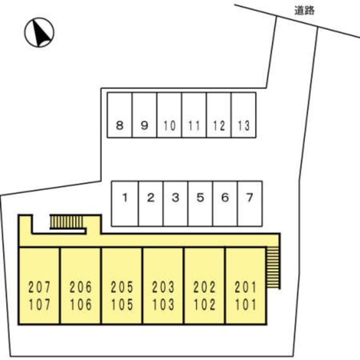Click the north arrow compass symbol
[x=39, y=32]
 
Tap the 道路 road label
[x=304, y=11]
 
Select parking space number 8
[x=120, y=115]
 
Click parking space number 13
[x=243, y=115]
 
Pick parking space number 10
[x=169, y=115]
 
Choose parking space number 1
[x=125, y=203]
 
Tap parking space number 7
[x=250, y=203]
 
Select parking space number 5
[x=200, y=203]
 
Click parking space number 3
[x=175, y=203]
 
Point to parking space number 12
[x=219, y=115]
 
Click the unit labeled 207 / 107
[x=40, y=286]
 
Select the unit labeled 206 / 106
[x=80, y=286]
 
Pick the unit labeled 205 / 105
[x=122, y=286]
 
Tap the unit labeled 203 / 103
[x=163, y=286]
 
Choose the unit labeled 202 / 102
[x=204, y=286]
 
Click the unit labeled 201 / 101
[x=246, y=286]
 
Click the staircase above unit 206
[x=67, y=222]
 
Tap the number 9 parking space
[x=144, y=115]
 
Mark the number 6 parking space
[x=225, y=203]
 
